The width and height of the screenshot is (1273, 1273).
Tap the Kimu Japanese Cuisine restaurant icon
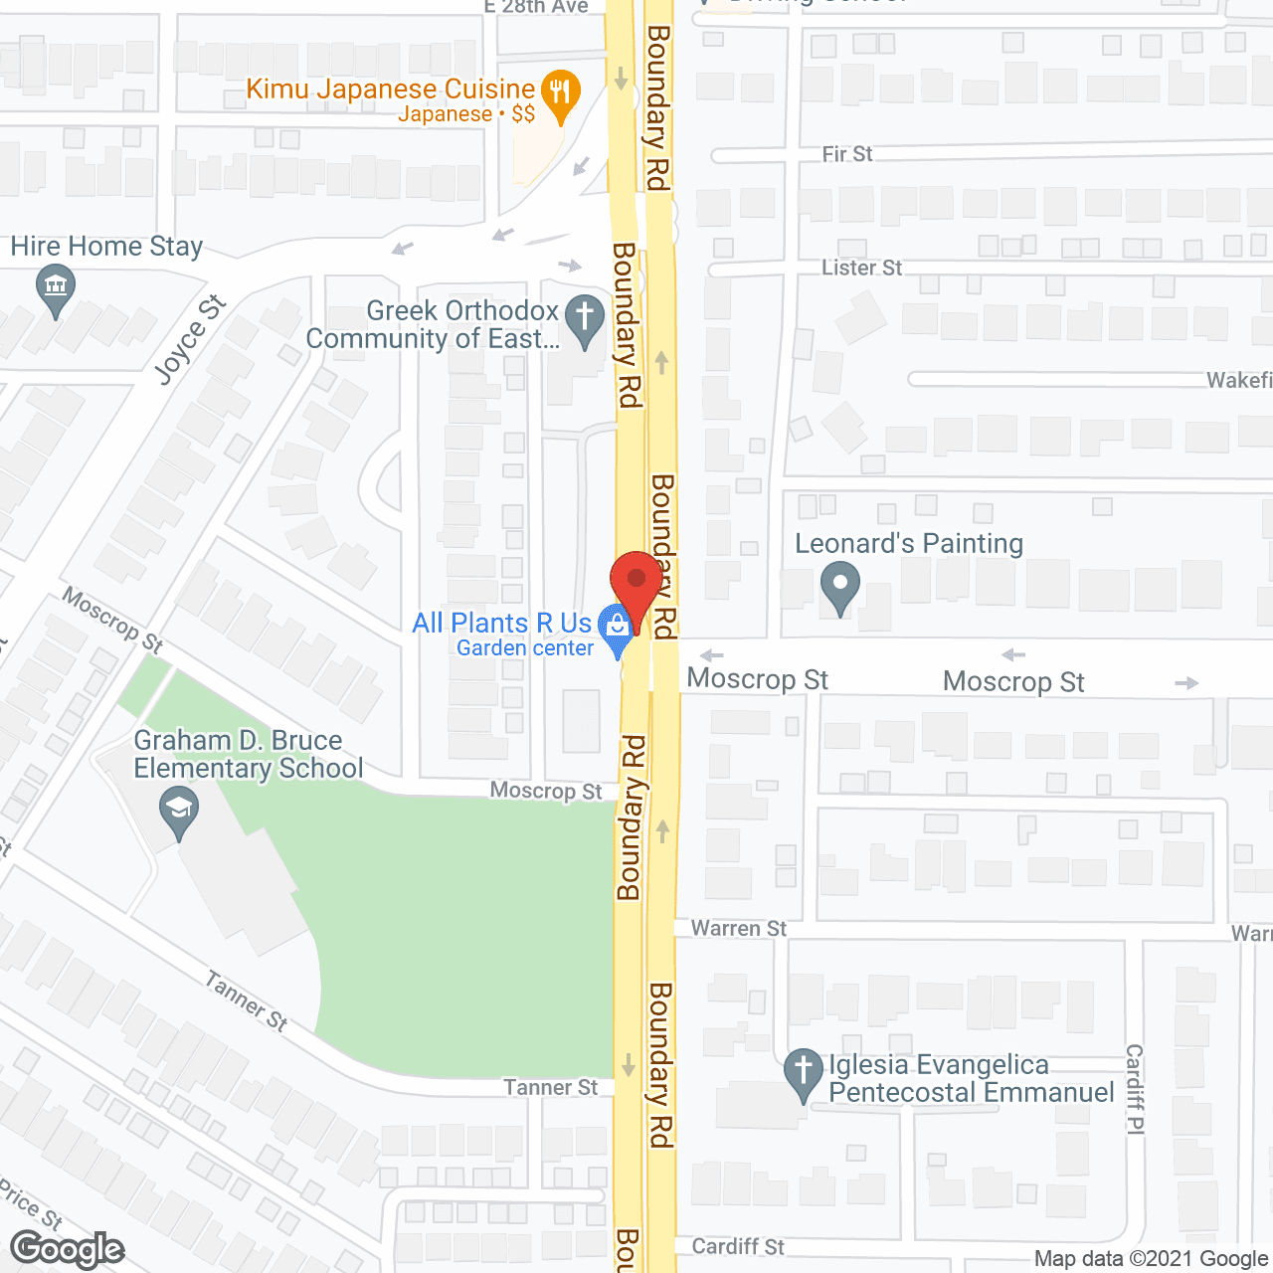(561, 93)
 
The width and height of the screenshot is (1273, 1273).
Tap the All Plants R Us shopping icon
(617, 627)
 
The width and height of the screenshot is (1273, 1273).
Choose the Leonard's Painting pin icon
(840, 586)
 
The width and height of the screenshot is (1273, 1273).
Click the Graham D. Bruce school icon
(179, 810)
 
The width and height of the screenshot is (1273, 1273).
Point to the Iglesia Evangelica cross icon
(803, 1072)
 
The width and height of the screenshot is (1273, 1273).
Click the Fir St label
(847, 154)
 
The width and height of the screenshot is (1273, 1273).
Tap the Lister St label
(861, 268)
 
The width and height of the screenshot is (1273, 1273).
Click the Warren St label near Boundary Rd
(738, 929)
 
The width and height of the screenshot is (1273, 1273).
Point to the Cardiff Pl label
(1135, 1088)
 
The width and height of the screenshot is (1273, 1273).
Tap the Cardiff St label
(737, 1247)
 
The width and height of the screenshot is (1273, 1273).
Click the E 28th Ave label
(536, 7)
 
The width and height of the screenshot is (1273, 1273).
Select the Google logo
(68, 1249)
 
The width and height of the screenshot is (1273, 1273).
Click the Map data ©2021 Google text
(1152, 1259)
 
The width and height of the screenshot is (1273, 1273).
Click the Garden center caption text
(525, 648)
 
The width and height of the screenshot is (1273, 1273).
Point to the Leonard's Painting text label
(909, 544)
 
